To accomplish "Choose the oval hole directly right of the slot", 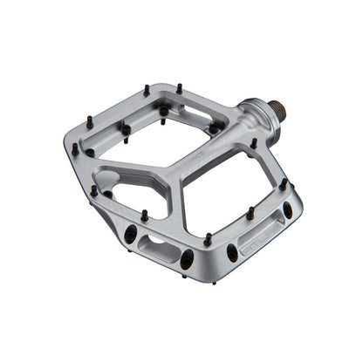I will (186, 257).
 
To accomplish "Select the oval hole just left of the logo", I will (232, 252).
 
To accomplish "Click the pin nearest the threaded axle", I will (254, 143).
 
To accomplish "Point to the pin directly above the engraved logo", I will (250, 212).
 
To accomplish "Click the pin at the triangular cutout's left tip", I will (94, 189).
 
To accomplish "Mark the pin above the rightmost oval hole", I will (284, 184).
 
